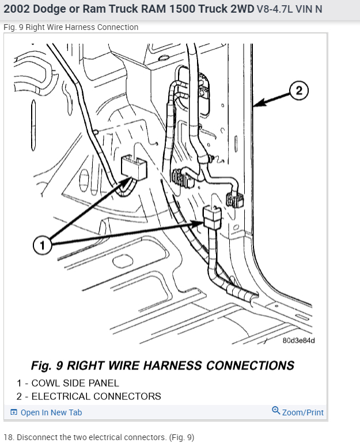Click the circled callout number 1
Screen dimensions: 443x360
coord(41,245)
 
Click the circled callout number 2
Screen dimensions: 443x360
coord(298,90)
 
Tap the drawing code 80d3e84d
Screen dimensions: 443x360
coord(298,340)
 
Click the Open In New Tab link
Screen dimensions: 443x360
coord(51,412)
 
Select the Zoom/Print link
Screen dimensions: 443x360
coord(302,412)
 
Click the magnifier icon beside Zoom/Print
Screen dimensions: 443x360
coord(276,411)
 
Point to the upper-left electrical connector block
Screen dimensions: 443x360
coord(134,168)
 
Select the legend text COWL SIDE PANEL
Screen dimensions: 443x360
coord(75,383)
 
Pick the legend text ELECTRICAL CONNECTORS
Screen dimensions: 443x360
coord(96,396)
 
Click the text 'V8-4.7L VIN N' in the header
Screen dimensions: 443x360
coord(289,9)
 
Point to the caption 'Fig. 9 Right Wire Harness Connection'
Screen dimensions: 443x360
coord(71,27)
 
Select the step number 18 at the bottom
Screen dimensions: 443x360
coord(8,437)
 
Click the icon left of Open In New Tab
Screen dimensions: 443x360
coord(14,412)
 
